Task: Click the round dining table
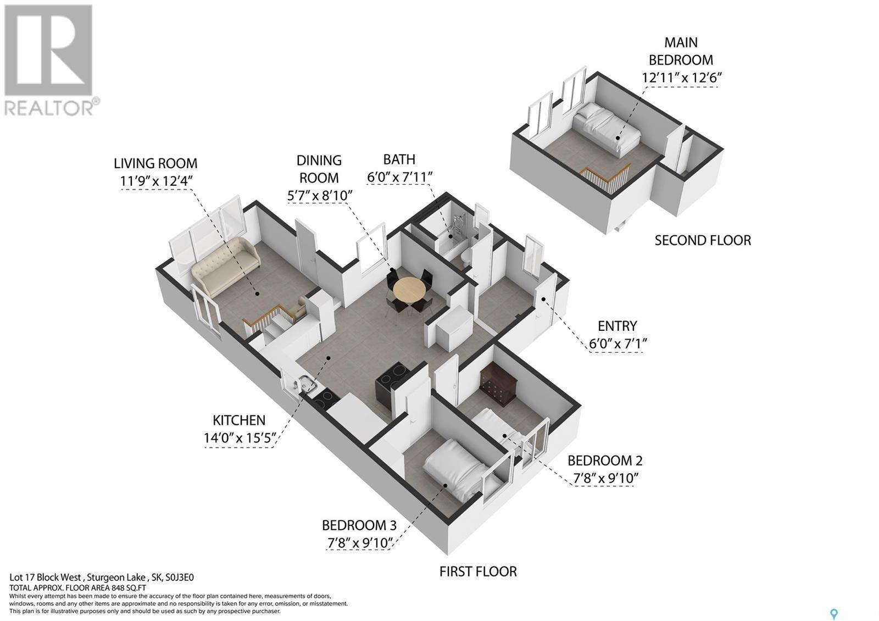(409, 290)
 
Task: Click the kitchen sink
(306, 384)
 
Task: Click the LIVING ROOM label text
(155, 163)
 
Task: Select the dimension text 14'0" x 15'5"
(240, 437)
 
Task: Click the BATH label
(399, 159)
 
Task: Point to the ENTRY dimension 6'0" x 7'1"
(617, 344)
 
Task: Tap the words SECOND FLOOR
(703, 240)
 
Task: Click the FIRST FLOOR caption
(478, 572)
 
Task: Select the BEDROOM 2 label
(605, 461)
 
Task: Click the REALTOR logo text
(49, 107)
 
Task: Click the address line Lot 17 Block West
(46, 578)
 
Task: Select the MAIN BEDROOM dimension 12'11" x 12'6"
(682, 77)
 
